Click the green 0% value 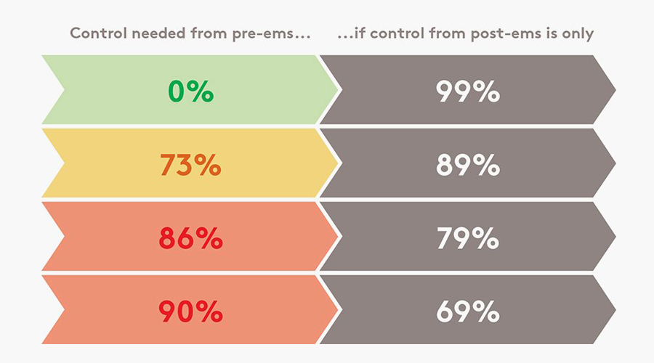click(190, 91)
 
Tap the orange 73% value click(190, 165)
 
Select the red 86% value click(190, 238)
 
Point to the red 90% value click(190, 311)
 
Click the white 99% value click(467, 91)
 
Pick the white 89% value click(467, 165)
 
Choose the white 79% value click(467, 238)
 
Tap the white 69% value click(467, 311)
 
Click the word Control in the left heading click(98, 33)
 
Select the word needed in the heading click(158, 33)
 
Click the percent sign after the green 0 click(201, 91)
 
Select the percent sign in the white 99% click(486, 91)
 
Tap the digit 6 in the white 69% click(445, 311)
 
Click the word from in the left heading click(209, 33)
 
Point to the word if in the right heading click(360, 33)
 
